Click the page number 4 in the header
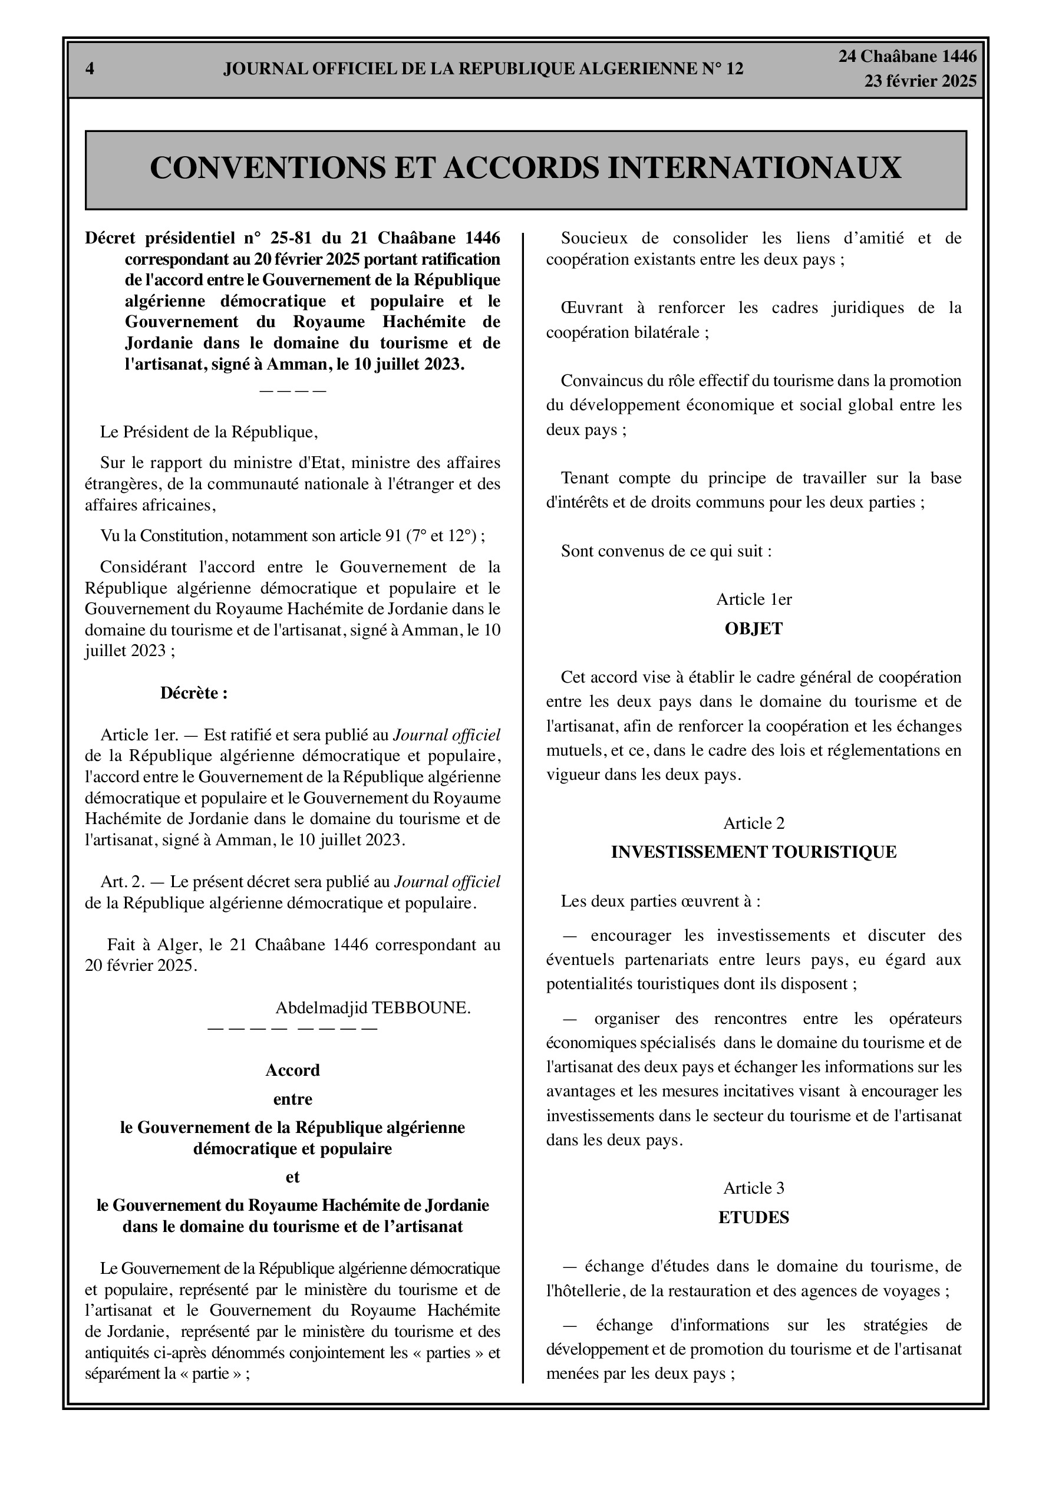90,69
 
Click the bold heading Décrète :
194,693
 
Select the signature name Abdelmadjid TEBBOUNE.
373,1007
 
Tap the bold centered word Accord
292,1070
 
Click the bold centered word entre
292,1099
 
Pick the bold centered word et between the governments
292,1177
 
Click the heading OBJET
754,628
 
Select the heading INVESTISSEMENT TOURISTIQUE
754,852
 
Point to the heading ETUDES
754,1217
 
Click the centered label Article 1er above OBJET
754,599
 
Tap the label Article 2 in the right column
754,823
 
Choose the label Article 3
754,1188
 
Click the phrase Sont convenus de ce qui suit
666,551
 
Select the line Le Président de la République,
209,432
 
